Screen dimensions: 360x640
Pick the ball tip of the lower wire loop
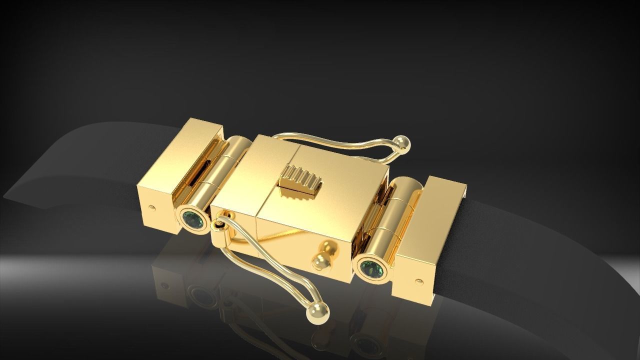(x=318, y=313)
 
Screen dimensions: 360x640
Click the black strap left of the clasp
(x=75, y=165)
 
